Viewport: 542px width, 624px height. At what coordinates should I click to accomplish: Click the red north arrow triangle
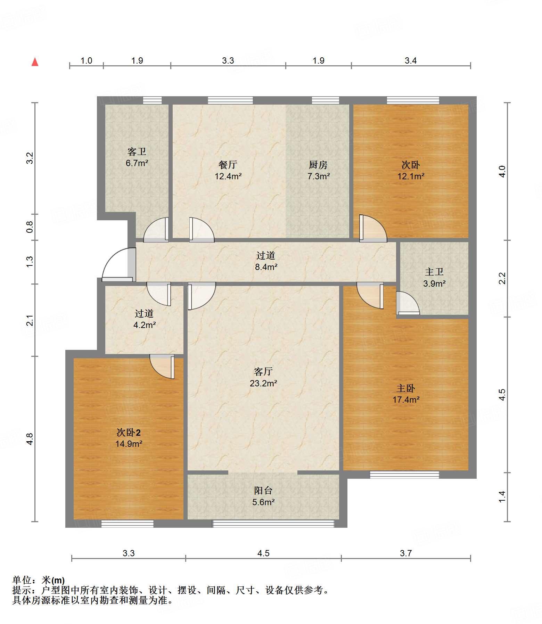pos(35,62)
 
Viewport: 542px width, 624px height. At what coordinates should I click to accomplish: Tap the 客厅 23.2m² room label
pos(263,377)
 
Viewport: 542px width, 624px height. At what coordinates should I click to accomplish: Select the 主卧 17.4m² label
pos(406,394)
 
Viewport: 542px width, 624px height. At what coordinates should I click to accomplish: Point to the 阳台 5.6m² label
pos(263,496)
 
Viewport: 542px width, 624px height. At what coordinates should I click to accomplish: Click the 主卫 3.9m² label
pos(434,278)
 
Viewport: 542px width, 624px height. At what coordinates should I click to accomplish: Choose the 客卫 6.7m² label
pos(137,157)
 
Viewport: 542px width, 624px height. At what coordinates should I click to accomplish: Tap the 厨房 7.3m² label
pos(318,170)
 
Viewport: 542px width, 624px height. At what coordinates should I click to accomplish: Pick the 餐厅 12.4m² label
pos(228,170)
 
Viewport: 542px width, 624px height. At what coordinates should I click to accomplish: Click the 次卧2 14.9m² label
pos(129,438)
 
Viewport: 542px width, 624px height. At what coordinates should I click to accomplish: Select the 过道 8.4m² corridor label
pos(266,261)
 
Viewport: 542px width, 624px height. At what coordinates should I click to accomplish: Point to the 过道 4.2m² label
pos(144,319)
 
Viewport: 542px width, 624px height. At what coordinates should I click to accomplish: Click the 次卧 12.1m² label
pos(411,170)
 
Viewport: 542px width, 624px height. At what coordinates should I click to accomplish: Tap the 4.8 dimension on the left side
pos(30,439)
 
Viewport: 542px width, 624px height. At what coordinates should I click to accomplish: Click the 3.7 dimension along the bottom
pos(406,553)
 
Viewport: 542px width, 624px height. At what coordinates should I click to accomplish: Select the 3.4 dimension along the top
pos(411,61)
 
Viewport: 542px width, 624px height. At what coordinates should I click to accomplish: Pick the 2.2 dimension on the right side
pos(502,278)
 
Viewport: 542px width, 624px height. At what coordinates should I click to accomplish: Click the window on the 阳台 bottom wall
pos(273,524)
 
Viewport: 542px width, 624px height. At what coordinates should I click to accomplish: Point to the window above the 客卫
pos(153,100)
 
